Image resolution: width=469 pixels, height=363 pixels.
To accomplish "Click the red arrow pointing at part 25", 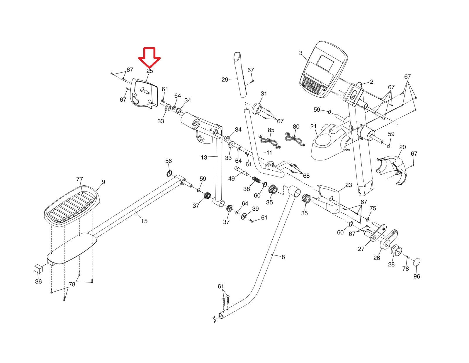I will (x=149, y=58).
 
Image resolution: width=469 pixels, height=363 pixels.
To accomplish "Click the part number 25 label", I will (x=150, y=71).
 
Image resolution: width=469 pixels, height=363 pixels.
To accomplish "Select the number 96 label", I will (x=417, y=276).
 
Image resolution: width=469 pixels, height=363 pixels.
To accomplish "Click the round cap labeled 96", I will (x=417, y=262).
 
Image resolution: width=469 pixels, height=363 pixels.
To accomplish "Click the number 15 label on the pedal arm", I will (x=144, y=221).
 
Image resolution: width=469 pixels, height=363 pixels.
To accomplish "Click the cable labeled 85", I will (x=269, y=141).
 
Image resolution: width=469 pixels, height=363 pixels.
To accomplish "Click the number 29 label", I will (x=225, y=80).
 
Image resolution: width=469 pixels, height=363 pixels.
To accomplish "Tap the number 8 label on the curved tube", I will (x=283, y=257).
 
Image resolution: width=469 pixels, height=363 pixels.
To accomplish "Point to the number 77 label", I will (x=79, y=179).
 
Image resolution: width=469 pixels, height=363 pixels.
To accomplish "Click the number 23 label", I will (x=349, y=185).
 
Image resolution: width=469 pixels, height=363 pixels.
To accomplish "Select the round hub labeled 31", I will (x=257, y=109).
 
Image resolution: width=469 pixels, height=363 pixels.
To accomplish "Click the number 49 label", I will (x=231, y=178).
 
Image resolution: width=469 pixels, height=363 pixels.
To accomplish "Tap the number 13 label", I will (x=204, y=157).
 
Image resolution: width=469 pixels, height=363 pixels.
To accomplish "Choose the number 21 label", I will (x=313, y=126).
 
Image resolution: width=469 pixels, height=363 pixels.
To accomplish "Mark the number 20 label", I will (x=402, y=147).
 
